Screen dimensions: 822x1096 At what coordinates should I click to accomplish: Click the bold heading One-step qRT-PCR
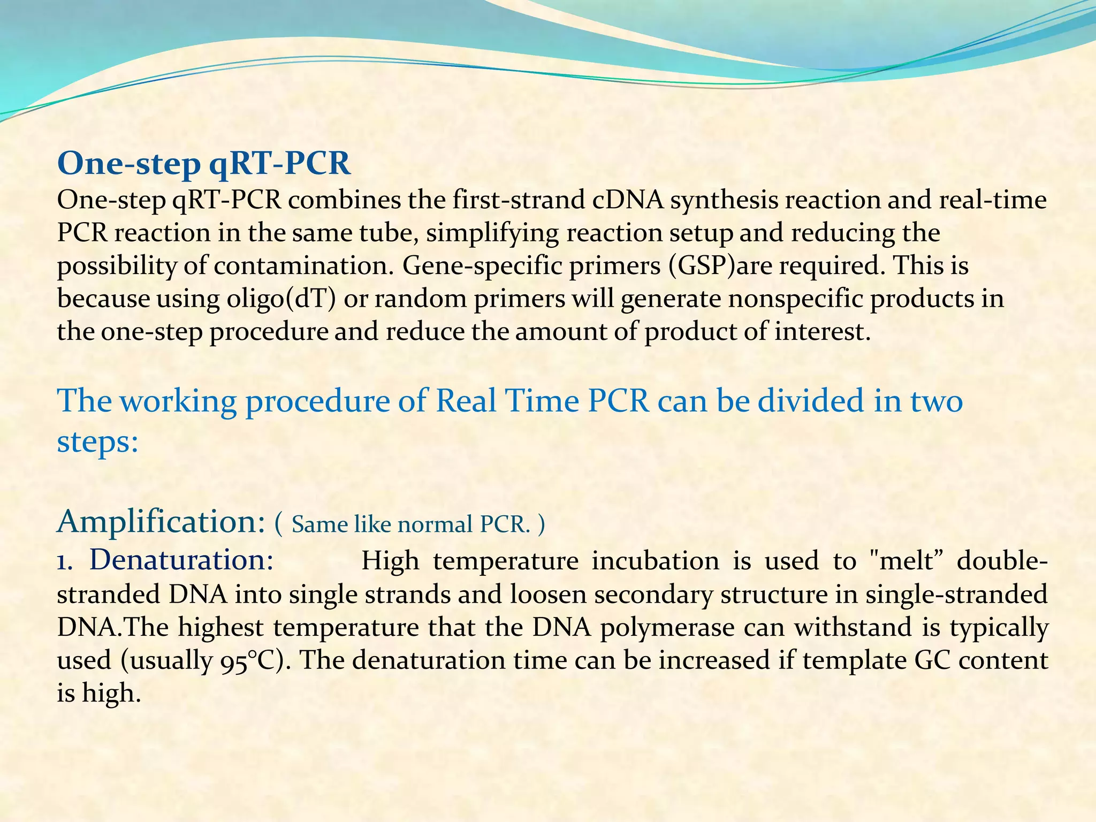point(204,163)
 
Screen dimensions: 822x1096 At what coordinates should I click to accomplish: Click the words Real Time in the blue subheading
point(507,401)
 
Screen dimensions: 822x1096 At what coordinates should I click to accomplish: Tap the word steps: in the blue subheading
point(97,442)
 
